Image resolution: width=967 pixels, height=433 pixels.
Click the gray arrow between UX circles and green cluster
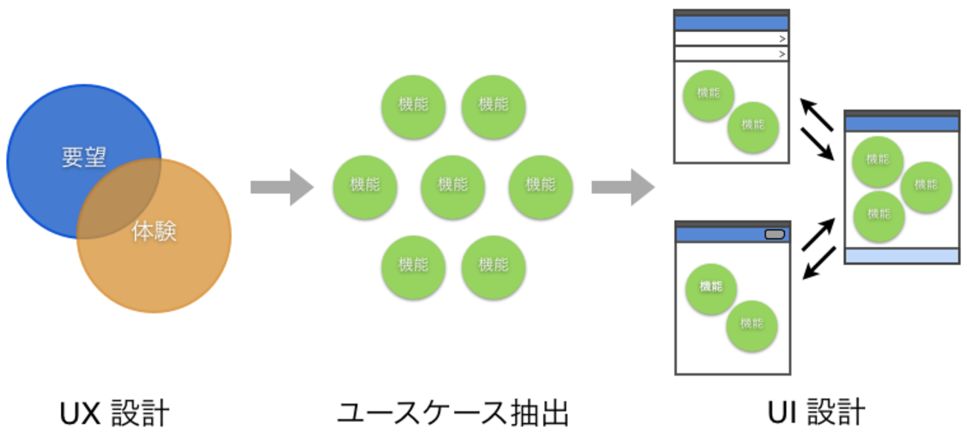pos(281,187)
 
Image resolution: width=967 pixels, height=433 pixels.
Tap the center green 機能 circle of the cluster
pos(453,185)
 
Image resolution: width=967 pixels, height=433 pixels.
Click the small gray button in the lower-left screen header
pos(774,234)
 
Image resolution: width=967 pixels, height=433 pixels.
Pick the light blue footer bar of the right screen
pos(902,256)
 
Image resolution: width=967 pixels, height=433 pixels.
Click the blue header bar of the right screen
pos(902,124)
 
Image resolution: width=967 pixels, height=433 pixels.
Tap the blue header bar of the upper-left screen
pos(730,23)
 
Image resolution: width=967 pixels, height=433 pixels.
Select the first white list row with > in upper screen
pos(730,39)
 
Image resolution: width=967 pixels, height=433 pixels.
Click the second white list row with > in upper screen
pos(730,54)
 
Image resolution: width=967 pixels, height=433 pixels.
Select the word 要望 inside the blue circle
pos(84,158)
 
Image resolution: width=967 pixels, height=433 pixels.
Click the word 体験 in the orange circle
pos(155,231)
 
